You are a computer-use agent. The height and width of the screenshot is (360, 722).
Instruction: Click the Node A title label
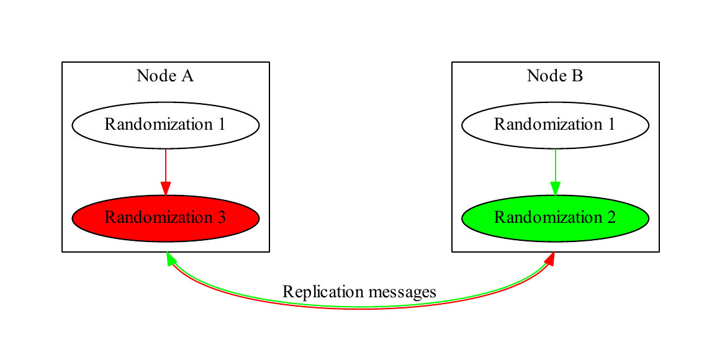click(x=165, y=76)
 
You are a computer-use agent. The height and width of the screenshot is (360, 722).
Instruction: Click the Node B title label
click(x=555, y=76)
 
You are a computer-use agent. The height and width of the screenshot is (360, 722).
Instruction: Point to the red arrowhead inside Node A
click(x=165, y=188)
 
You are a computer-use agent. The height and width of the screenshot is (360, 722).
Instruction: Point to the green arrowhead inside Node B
click(x=555, y=188)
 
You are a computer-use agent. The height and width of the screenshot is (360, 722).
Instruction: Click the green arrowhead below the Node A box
click(x=169, y=258)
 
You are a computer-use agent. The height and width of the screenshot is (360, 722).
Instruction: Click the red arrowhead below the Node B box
click(x=549, y=259)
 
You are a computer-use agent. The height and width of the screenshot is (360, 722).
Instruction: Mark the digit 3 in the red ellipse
click(x=221, y=218)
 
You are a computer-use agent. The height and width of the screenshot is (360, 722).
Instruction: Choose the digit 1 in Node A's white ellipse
click(x=221, y=125)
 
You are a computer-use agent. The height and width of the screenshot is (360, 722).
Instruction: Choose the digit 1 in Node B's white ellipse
click(x=611, y=125)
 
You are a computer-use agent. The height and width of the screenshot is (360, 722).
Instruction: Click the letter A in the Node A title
click(x=187, y=76)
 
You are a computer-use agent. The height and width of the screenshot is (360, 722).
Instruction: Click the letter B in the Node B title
click(x=577, y=76)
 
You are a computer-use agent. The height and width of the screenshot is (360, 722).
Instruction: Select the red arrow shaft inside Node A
click(x=165, y=164)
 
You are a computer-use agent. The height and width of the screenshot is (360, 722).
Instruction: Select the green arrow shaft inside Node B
click(x=555, y=164)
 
